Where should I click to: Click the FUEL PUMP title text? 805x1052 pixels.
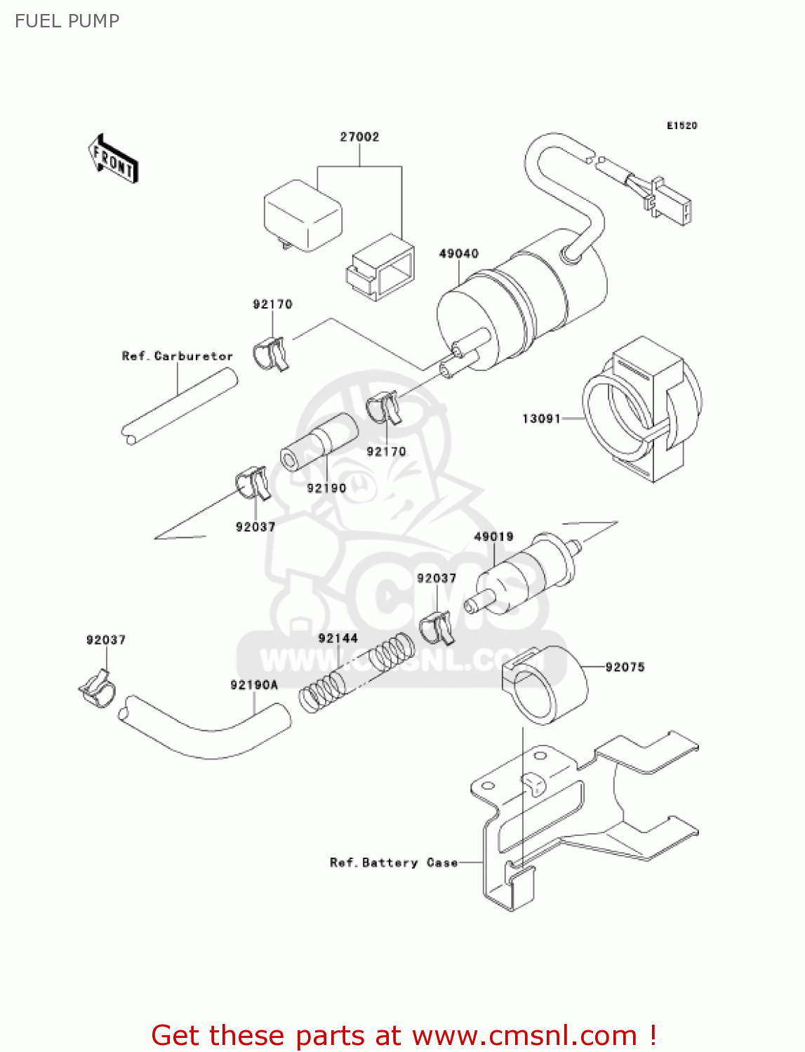(67, 21)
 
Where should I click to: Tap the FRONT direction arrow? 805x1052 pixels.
(113, 160)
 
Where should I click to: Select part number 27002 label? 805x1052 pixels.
(359, 137)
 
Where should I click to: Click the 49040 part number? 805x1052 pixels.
(458, 253)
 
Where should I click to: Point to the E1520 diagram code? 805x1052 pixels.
(681, 126)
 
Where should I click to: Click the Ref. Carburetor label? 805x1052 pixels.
(177, 356)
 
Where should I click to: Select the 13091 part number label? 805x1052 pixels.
(541, 419)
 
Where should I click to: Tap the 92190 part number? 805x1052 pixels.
(326, 488)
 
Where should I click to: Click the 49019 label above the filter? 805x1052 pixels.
(493, 537)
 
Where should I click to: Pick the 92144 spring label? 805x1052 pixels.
(338, 638)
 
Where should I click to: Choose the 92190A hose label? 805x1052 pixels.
(254, 685)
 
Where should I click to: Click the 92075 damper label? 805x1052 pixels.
(625, 667)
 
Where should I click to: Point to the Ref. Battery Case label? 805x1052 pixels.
(393, 863)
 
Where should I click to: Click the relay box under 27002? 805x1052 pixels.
(302, 215)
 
